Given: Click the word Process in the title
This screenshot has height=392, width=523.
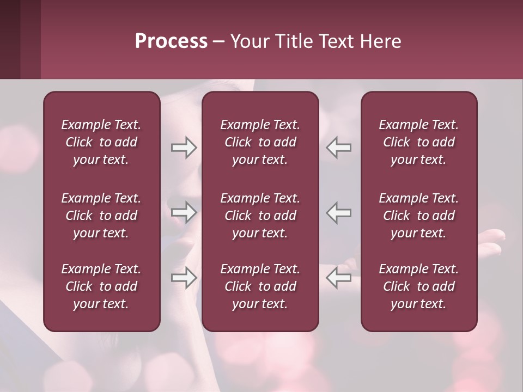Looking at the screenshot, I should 171,41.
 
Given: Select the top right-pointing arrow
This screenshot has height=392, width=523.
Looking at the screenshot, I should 184,148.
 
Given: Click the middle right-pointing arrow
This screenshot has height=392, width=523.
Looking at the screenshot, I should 184,212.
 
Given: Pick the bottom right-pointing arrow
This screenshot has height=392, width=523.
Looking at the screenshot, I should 184,277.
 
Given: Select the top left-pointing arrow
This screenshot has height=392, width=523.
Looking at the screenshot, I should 338,148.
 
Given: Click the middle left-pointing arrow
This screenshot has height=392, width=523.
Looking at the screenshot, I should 338,212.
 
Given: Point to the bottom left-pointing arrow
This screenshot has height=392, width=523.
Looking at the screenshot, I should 338,277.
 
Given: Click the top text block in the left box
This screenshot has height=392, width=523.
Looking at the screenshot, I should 101,142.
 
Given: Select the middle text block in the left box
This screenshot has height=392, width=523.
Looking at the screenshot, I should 101,216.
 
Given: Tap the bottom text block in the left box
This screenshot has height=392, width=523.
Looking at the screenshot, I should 101,286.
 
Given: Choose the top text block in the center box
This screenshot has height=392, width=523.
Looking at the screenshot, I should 260,142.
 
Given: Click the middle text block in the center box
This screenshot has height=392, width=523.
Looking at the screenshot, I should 260,216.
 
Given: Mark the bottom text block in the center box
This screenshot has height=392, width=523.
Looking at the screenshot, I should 260,286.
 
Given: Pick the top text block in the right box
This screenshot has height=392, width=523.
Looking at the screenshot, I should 418,142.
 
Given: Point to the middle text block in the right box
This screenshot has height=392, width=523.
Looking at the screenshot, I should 418,216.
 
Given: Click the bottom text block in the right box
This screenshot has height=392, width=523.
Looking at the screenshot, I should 418,286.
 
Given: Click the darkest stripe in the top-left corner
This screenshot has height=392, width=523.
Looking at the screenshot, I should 10,39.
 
